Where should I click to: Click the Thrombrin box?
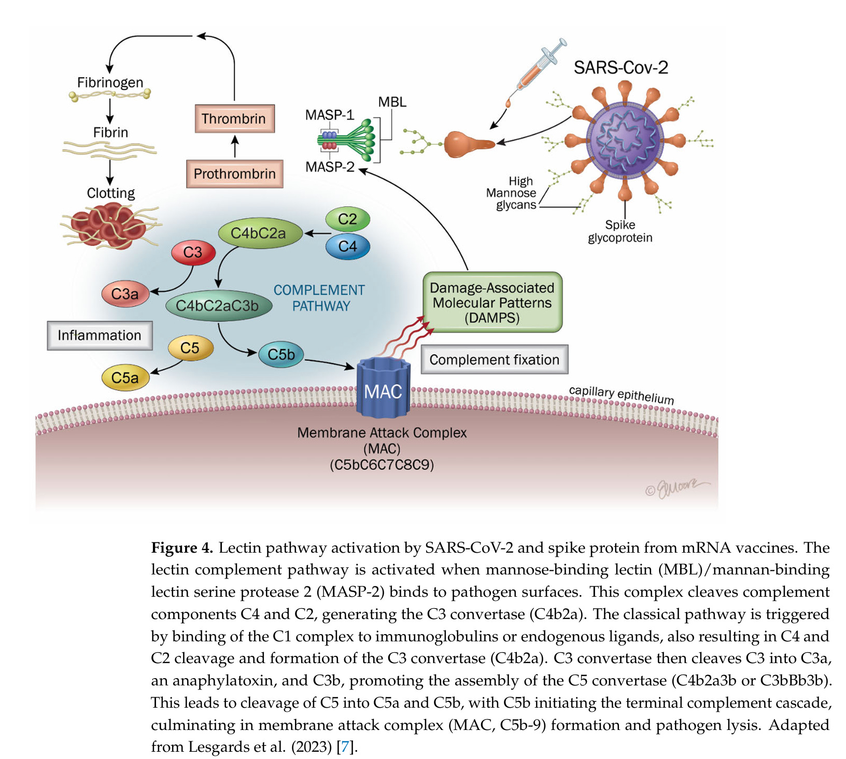tap(234, 119)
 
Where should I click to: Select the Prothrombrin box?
tap(235, 174)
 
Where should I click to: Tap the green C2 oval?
tap(347, 219)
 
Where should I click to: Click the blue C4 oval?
tap(347, 246)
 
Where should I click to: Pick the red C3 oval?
tap(193, 252)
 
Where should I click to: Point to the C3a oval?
tap(125, 294)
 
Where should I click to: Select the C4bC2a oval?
tap(260, 233)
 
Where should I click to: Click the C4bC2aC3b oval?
tap(218, 306)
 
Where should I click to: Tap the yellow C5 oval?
tap(190, 348)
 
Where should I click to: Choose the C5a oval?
tap(125, 377)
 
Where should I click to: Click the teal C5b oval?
tap(281, 355)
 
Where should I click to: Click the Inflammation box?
tap(100, 335)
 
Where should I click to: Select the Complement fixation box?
tap(495, 359)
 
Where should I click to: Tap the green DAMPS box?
tap(492, 302)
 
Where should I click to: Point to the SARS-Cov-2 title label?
tap(621, 67)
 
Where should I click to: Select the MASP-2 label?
tap(330, 167)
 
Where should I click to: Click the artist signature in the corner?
tap(677, 487)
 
